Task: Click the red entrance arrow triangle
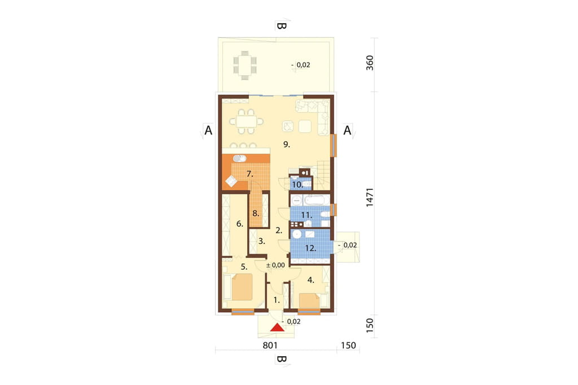pos(277,327)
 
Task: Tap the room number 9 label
pos(286,145)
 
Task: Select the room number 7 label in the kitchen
pos(249,174)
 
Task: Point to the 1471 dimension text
pos(369,197)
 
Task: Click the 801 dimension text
pos(270,345)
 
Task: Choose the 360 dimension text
pos(369,63)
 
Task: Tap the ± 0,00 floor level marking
pos(275,265)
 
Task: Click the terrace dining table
pos(245,65)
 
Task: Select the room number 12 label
pos(310,248)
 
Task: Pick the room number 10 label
pos(297,185)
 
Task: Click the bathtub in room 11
pos(316,200)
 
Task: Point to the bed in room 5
pos(241,287)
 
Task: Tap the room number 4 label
pos(311,280)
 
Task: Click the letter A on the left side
pos(208,130)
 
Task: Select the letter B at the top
pos(281,26)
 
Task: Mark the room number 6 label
pos(239,224)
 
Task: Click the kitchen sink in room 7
pos(239,158)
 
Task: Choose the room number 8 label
pos(256,213)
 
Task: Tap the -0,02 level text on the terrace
pos(301,65)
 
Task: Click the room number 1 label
pos(277,300)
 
